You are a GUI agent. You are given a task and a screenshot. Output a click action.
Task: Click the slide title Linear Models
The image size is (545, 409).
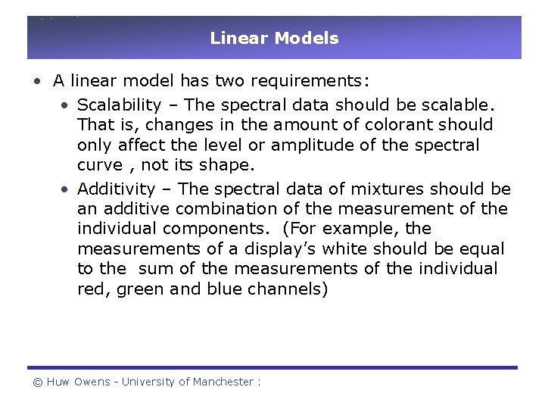(274, 38)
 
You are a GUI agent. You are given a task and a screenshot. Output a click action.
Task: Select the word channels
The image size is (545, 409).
(288, 289)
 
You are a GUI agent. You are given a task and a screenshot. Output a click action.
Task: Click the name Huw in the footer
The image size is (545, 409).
(58, 382)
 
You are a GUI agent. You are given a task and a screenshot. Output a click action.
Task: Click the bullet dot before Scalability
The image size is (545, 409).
(67, 105)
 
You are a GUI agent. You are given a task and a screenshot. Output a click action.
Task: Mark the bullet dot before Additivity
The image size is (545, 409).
(67, 189)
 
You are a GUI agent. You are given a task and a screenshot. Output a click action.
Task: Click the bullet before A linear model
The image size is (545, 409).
(37, 81)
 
